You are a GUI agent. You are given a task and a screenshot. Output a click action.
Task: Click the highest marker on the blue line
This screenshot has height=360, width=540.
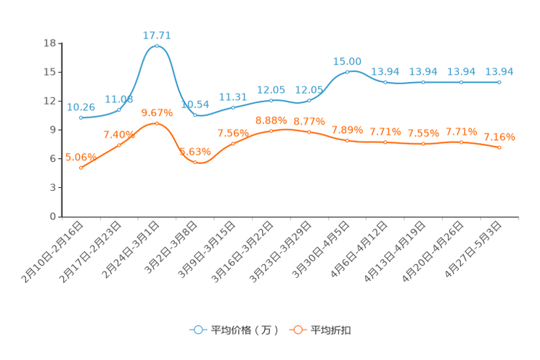[x=157, y=46]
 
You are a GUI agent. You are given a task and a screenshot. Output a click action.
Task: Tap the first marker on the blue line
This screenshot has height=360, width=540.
[x=81, y=118]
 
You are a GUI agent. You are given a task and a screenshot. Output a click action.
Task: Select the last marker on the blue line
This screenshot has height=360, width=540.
[x=499, y=82]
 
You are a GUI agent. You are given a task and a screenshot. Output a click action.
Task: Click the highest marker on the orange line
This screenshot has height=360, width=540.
[x=157, y=123]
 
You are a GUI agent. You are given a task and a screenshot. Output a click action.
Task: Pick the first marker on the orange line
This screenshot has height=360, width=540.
[x=81, y=168]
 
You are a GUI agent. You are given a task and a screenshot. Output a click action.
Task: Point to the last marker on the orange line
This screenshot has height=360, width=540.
[x=499, y=148]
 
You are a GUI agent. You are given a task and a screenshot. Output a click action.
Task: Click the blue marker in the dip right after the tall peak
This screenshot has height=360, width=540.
[x=195, y=115]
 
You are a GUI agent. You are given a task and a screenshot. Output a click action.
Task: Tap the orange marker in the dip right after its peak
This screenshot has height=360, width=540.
[x=195, y=163]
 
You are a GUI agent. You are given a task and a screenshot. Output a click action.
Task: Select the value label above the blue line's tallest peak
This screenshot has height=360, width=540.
[x=157, y=34]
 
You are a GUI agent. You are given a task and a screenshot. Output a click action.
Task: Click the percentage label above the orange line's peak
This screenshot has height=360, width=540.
[x=157, y=112]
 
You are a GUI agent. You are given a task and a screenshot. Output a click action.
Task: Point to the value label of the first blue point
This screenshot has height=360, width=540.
[x=81, y=107]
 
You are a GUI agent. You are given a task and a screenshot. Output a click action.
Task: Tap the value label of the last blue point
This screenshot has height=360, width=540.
[x=499, y=71]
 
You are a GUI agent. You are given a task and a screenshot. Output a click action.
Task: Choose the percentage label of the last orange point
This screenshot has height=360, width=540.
[x=499, y=136]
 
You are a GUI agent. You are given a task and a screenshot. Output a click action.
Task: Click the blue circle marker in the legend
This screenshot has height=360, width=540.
[x=197, y=330]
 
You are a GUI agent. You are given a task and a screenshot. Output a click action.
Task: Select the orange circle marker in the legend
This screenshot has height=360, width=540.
[x=298, y=330]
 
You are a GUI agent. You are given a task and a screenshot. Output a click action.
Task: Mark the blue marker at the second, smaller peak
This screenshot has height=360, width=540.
[x=348, y=71]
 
